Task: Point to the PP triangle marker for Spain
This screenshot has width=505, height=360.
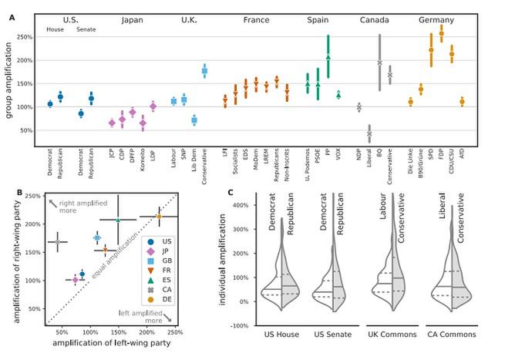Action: point(327,57)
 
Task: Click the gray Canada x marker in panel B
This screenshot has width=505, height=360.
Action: point(57,242)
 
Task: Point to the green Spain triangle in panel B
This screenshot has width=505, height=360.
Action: point(118,220)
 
